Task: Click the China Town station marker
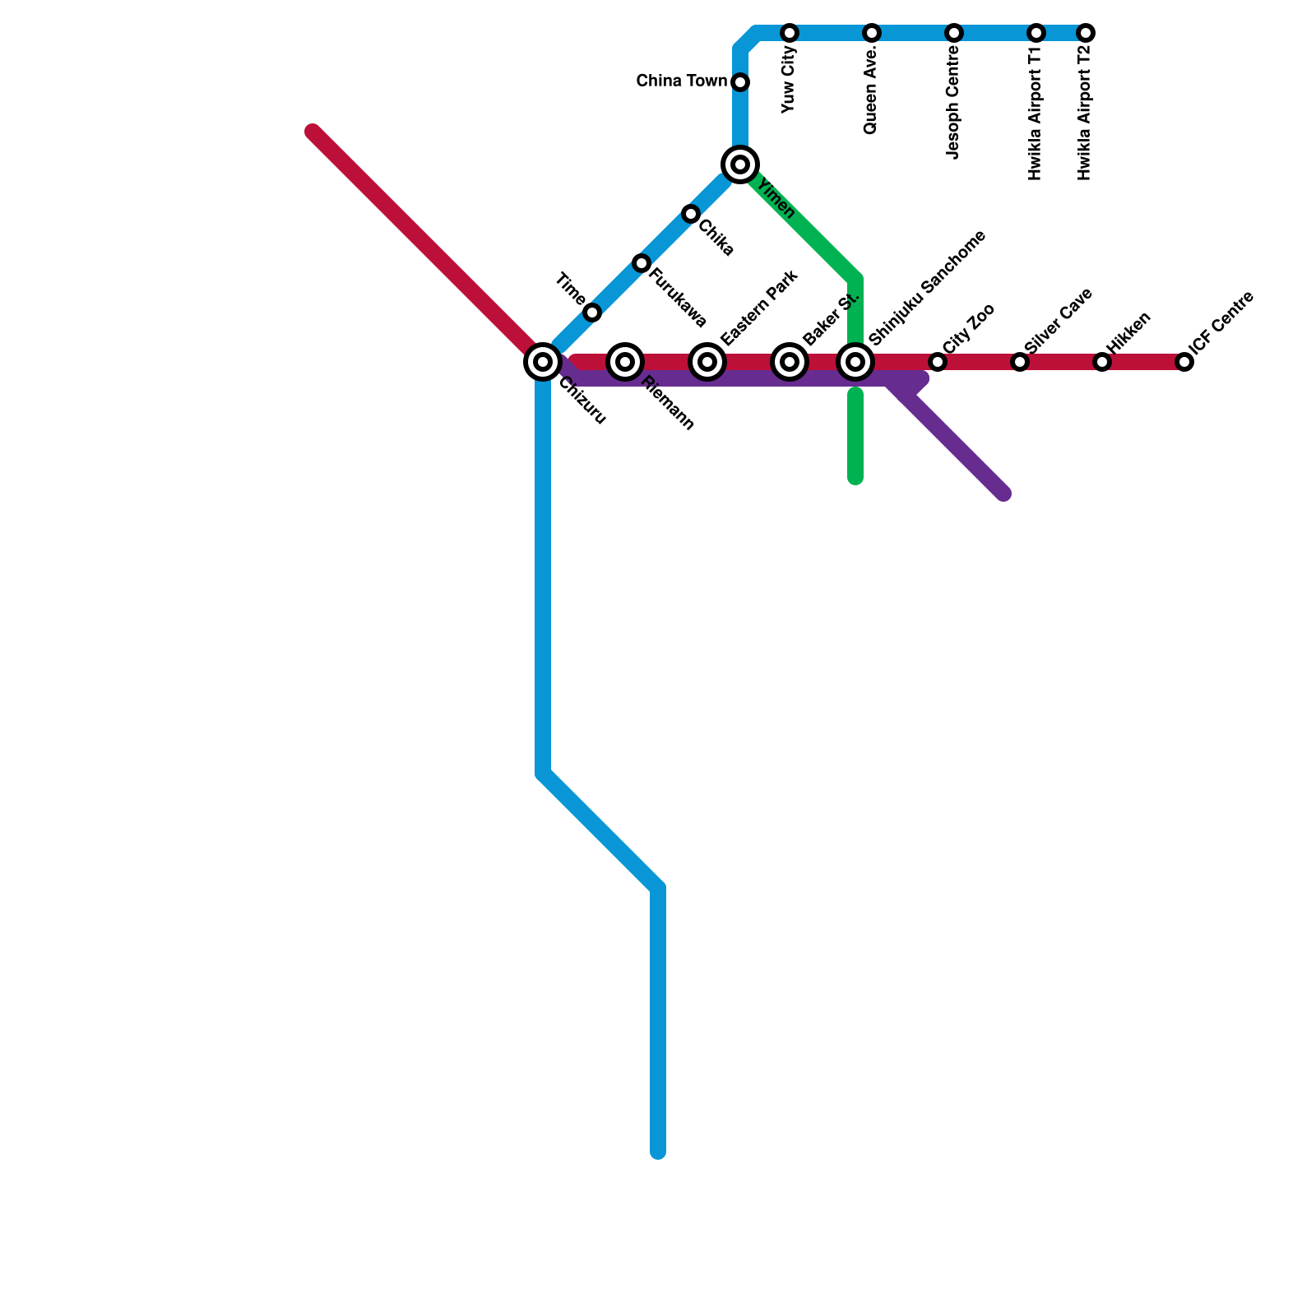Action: (740, 82)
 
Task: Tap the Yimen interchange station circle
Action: (740, 164)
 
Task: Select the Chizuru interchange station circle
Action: (543, 361)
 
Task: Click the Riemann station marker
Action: (625, 361)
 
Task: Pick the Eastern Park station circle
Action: (707, 361)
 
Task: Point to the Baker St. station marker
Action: (790, 361)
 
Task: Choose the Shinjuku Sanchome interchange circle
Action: (855, 361)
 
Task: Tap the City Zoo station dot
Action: (938, 362)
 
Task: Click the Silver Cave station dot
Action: (1020, 362)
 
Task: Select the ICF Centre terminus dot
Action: (1184, 362)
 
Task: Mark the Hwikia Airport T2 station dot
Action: (1086, 33)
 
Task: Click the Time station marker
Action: (592, 313)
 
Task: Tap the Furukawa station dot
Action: (642, 263)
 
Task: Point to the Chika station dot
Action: (691, 214)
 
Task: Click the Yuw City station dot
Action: (790, 33)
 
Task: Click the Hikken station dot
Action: (1102, 362)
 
